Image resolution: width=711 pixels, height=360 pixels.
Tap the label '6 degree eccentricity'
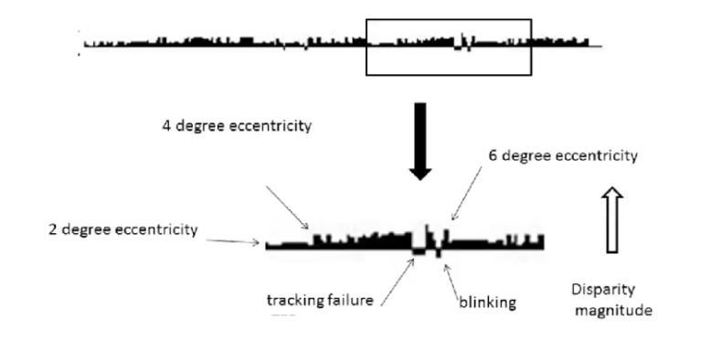[563, 156]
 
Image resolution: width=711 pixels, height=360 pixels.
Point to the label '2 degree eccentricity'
[122, 229]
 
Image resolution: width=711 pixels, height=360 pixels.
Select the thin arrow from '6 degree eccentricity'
[466, 197]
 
